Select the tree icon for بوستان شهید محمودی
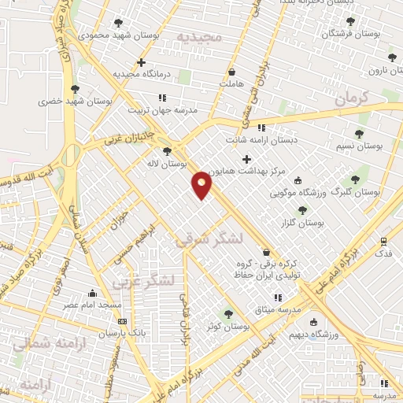click(118, 23)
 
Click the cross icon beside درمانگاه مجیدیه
click(141, 62)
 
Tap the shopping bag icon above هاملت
click(232, 72)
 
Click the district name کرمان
click(351, 98)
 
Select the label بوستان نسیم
click(358, 146)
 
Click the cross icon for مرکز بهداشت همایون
click(246, 160)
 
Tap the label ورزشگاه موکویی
click(298, 192)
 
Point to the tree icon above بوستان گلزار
click(302, 209)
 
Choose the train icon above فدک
click(383, 242)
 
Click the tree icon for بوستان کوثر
click(229, 313)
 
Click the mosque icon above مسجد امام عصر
click(93, 293)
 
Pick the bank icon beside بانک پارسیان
click(122, 321)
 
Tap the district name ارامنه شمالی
click(39, 343)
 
